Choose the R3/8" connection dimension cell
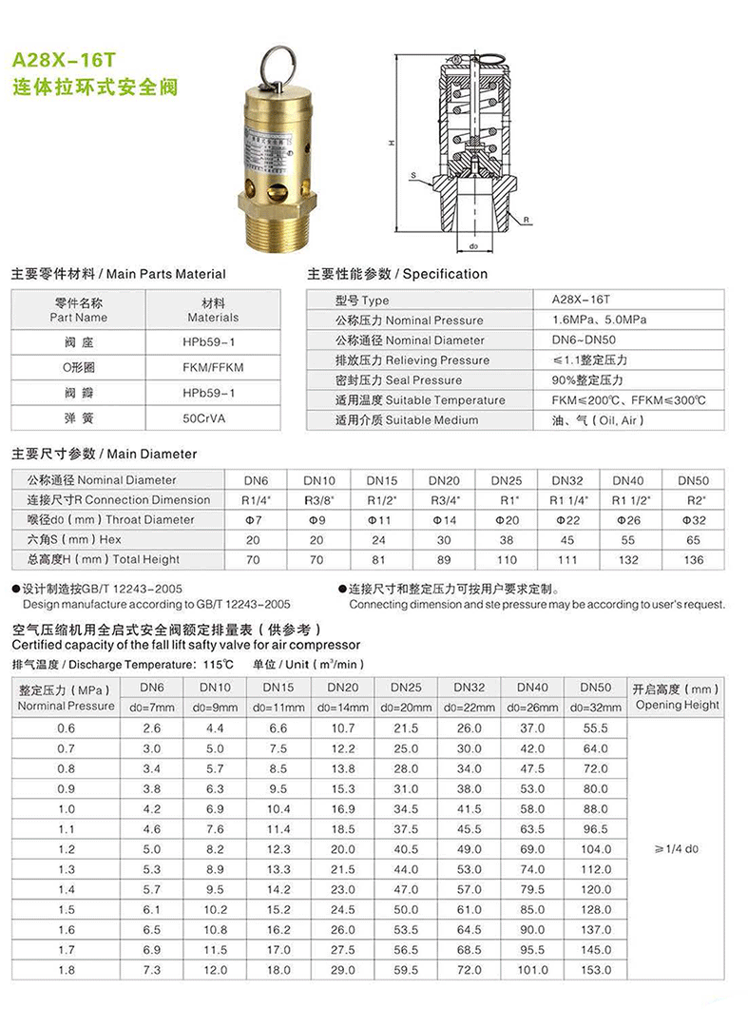pyautogui.click(x=319, y=500)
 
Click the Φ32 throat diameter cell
pyautogui.click(x=694, y=520)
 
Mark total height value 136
pyautogui.click(x=694, y=560)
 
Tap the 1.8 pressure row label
pyautogui.click(x=65, y=970)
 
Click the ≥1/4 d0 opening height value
pyautogui.click(x=677, y=848)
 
